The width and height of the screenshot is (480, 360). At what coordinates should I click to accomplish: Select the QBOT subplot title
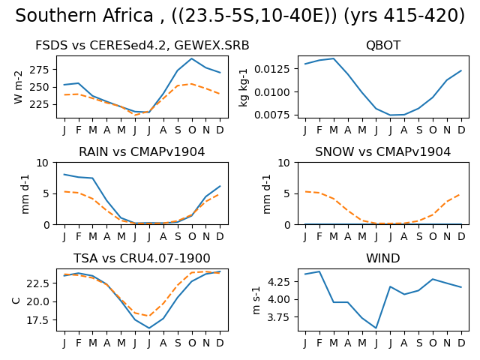pyautogui.click(x=383, y=45)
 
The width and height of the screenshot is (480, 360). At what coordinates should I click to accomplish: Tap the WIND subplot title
pyautogui.click(x=383, y=258)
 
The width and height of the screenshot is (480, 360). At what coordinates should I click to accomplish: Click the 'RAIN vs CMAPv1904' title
pyautogui.click(x=142, y=151)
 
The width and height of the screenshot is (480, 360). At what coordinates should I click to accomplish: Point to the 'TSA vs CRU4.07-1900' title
pyautogui.click(x=142, y=258)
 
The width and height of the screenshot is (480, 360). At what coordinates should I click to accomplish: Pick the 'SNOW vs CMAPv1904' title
pyautogui.click(x=383, y=151)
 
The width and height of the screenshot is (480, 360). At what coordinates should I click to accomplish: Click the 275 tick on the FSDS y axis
pyautogui.click(x=39, y=70)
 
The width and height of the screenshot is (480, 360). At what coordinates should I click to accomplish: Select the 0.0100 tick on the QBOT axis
pyautogui.click(x=271, y=92)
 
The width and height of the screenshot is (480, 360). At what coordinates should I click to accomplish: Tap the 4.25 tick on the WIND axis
pyautogui.click(x=278, y=282)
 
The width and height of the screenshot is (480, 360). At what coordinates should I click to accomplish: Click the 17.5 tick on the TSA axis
pyautogui.click(x=37, y=320)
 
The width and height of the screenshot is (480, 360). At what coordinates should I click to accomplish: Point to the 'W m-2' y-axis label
pyautogui.click(x=18, y=87)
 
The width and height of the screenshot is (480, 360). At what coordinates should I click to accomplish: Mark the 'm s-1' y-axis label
pyautogui.click(x=256, y=300)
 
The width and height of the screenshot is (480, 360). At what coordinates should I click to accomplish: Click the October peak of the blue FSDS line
pyautogui.click(x=192, y=58)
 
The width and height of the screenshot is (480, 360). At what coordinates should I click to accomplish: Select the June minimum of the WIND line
pyautogui.click(x=376, y=328)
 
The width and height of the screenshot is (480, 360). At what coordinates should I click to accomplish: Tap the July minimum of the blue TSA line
pyautogui.click(x=149, y=328)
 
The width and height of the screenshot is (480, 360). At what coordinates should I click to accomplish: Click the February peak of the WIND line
pyautogui.click(x=319, y=271)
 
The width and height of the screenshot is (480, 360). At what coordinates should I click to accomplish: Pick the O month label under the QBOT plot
pyautogui.click(x=433, y=130)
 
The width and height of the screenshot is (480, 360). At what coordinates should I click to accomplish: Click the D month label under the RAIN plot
pyautogui.click(x=220, y=237)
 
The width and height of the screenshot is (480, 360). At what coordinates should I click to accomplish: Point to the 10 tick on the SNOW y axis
pyautogui.click(x=283, y=163)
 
